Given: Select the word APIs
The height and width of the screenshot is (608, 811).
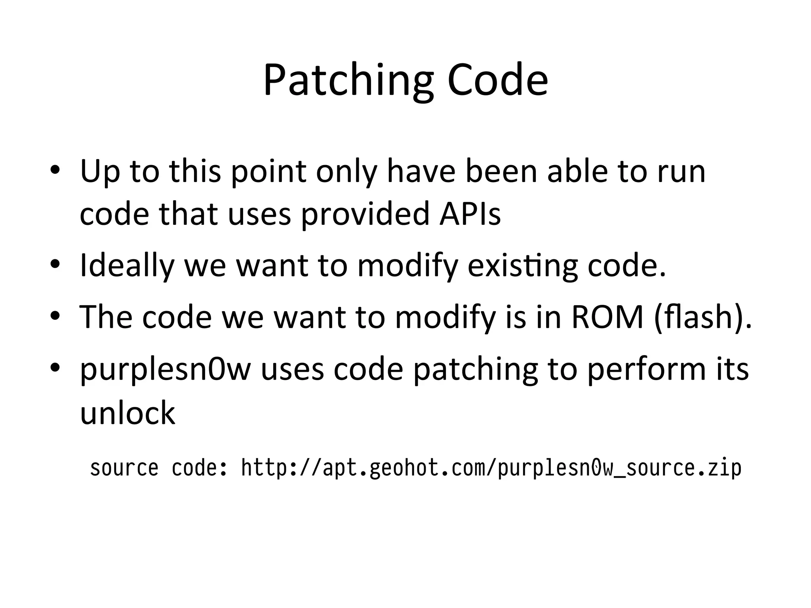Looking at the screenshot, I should click(470, 214).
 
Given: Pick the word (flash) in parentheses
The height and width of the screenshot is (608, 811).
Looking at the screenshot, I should click(702, 317).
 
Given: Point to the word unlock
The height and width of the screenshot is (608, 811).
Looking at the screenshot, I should click(128, 412).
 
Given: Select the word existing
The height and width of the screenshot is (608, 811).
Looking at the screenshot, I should click(522, 266).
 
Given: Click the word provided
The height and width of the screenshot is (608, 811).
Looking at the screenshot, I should click(365, 214).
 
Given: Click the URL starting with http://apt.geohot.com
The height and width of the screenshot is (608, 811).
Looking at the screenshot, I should click(491, 468).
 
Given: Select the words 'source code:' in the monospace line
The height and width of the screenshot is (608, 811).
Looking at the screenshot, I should click(159, 468).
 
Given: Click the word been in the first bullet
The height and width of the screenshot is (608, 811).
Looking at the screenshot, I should click(501, 171).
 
